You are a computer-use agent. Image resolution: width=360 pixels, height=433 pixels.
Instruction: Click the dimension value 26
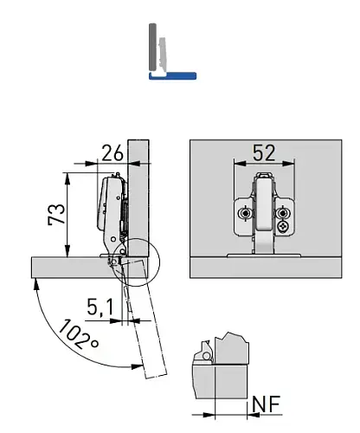(x=112, y=153)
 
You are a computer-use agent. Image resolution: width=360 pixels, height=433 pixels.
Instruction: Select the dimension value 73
(x=57, y=214)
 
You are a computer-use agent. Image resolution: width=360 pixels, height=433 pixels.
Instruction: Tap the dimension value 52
(x=264, y=152)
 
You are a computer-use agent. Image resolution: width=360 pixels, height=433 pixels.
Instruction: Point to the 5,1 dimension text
(x=100, y=307)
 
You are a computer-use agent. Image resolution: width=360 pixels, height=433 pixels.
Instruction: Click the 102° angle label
(x=80, y=334)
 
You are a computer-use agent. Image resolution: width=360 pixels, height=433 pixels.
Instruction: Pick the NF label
(x=267, y=404)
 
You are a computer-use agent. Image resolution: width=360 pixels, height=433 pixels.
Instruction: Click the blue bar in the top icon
(x=172, y=75)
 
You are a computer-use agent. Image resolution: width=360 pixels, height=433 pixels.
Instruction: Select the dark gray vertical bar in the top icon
(x=152, y=47)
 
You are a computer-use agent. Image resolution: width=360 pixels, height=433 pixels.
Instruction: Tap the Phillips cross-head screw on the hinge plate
(x=282, y=226)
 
